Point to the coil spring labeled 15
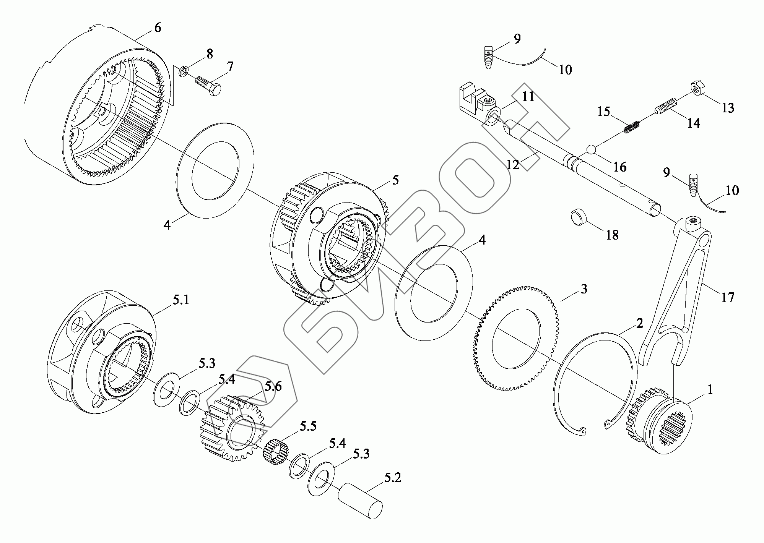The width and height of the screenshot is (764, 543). pyautogui.click(x=632, y=127)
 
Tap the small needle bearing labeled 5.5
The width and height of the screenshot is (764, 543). pyautogui.click(x=275, y=451)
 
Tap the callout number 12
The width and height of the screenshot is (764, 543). pyautogui.click(x=513, y=165)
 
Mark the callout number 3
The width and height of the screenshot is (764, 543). pyautogui.click(x=584, y=289)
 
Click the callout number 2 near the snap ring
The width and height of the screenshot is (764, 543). pyautogui.click(x=639, y=324)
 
